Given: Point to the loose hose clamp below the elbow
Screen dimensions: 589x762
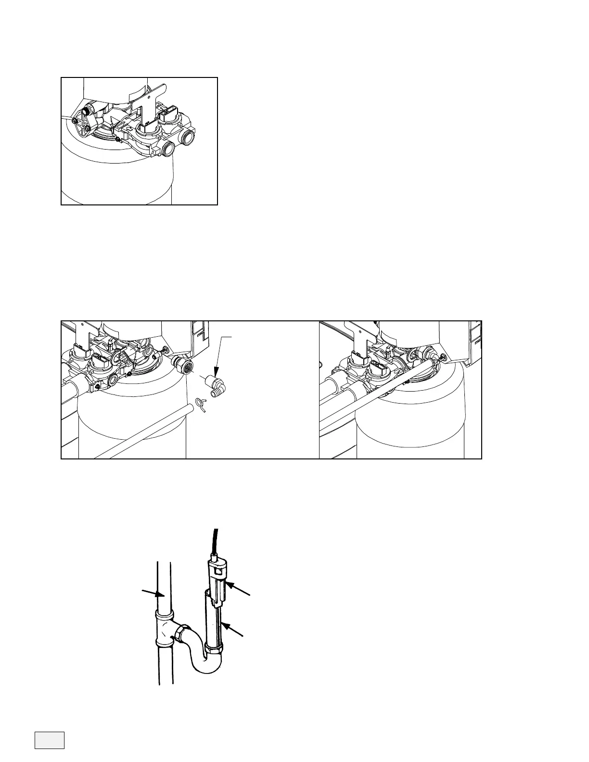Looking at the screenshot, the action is click(x=202, y=406).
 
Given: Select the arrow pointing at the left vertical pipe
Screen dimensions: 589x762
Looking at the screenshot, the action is click(x=151, y=592).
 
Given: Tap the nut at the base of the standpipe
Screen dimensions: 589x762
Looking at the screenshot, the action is click(x=213, y=650).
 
